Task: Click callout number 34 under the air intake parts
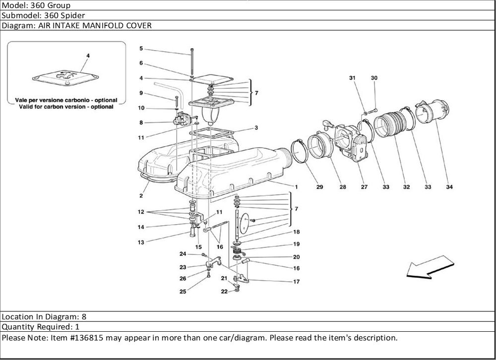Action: tap(449, 187)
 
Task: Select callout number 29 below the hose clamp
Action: tap(319, 187)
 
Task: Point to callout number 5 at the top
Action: tap(141, 49)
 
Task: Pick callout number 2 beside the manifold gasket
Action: tap(141, 196)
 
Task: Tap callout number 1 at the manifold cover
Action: tap(296, 187)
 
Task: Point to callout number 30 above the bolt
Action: tap(374, 78)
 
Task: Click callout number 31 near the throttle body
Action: tap(353, 78)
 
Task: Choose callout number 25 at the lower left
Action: tap(183, 292)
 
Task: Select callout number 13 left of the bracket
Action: tap(141, 242)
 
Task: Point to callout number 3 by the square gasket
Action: tap(256, 127)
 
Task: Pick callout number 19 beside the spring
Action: tap(296, 244)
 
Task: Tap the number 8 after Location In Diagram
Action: tap(84, 316)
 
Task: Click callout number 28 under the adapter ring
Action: tap(342, 187)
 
